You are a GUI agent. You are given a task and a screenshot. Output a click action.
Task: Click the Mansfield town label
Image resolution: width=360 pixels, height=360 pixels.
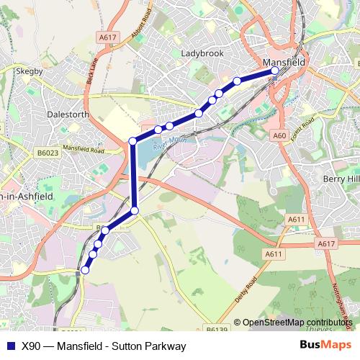click(286, 62)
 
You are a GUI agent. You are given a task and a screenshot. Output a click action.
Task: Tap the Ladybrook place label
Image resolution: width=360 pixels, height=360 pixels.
click(202, 53)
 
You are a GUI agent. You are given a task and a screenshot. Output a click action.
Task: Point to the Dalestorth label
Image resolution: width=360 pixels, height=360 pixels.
click(67, 114)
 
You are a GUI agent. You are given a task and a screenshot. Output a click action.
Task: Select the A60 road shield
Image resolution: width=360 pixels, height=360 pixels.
click(280, 135)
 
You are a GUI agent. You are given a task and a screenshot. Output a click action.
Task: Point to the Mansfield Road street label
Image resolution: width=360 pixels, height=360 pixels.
click(84, 150)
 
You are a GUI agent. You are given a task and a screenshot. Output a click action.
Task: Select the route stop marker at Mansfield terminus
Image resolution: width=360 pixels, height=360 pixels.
click(274, 71)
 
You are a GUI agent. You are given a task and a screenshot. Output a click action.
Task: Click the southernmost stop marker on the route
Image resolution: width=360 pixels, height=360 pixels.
click(85, 270)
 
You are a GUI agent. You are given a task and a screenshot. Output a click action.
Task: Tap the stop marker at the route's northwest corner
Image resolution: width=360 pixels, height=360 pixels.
click(132, 141)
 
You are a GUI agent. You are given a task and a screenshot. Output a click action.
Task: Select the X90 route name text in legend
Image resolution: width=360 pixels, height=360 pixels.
click(104, 346)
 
